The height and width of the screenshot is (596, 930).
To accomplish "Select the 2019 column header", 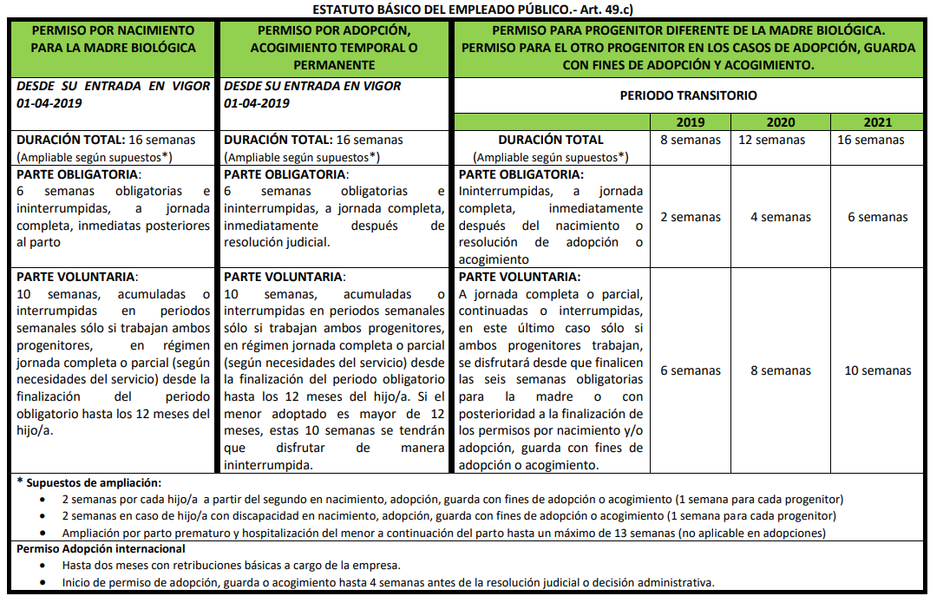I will (691, 122).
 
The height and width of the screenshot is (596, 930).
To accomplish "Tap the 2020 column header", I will (780, 122).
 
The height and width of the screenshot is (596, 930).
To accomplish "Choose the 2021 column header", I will (877, 122).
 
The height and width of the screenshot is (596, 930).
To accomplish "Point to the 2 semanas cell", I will (691, 217).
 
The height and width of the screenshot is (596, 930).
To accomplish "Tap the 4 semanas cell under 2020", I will (780, 217).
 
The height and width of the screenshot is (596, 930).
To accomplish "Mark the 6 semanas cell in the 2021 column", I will (877, 217).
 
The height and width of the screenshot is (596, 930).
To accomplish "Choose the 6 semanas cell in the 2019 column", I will (691, 370).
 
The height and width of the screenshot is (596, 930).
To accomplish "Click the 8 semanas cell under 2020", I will (780, 370).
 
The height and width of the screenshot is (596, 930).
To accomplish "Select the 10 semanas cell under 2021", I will (877, 370).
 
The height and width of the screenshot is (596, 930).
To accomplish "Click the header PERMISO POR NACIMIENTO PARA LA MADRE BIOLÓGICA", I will (114, 39).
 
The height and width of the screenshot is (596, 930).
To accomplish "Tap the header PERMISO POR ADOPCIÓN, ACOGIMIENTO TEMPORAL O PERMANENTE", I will (334, 48).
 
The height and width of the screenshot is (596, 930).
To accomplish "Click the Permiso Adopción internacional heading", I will (101, 548).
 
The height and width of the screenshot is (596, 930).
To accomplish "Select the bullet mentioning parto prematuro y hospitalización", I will (443, 533).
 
